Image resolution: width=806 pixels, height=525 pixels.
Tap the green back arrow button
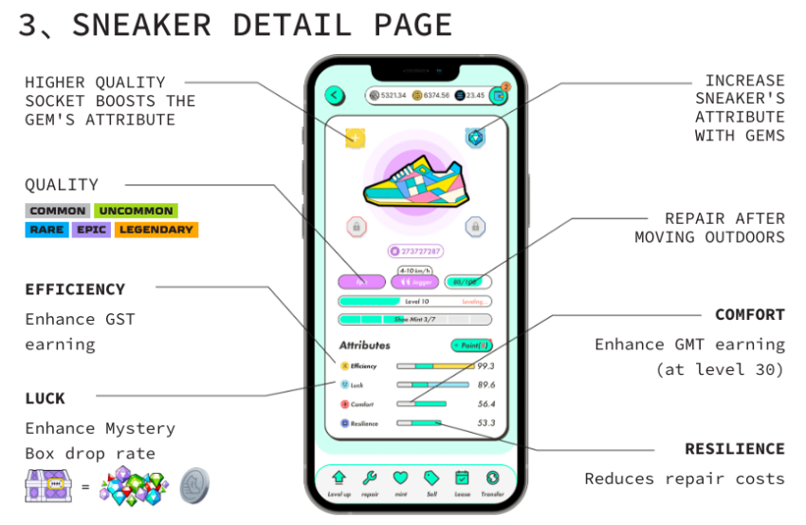click(335, 95)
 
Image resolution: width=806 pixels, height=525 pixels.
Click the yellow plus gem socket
click(355, 139)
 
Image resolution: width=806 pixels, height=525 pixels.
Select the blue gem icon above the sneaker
click(475, 138)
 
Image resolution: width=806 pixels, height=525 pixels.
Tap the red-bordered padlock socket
click(356, 227)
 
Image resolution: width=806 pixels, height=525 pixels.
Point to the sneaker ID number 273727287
click(415, 252)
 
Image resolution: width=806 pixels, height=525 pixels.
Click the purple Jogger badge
click(414, 282)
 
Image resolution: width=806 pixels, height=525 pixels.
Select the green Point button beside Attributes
click(471, 346)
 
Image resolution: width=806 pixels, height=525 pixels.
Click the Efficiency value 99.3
click(486, 366)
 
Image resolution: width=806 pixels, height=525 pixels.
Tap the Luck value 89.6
click(486, 384)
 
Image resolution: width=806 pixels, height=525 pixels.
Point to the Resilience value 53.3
click(486, 423)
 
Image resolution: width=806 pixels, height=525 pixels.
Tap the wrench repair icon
click(370, 478)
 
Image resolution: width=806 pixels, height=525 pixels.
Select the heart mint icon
click(400, 478)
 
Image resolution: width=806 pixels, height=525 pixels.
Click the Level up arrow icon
click(339, 478)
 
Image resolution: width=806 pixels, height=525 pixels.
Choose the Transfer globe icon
click(492, 478)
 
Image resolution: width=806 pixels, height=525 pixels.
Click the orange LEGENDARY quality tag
click(156, 230)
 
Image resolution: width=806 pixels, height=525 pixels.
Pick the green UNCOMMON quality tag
click(136, 211)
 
